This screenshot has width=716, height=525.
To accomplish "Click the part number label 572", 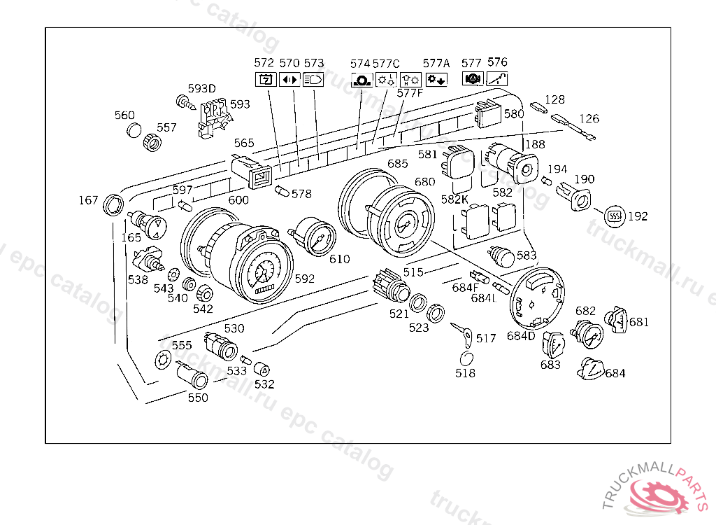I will coord(264,63).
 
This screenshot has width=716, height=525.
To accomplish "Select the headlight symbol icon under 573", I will coord(313,79).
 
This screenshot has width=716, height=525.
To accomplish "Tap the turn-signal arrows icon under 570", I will coord(289,79).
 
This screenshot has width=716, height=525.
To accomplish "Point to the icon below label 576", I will coord(496,79).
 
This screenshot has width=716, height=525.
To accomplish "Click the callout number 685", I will coord(397,164).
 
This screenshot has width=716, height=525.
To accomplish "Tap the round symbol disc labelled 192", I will coord(615,216).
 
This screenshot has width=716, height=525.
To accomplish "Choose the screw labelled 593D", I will coord(187,104).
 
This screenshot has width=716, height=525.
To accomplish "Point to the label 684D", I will coord(521,336).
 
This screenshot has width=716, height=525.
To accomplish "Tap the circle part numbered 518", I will coord(466,359).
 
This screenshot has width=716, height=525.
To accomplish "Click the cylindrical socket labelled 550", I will coord(192,376).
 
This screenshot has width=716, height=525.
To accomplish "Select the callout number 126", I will coord(589,119).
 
